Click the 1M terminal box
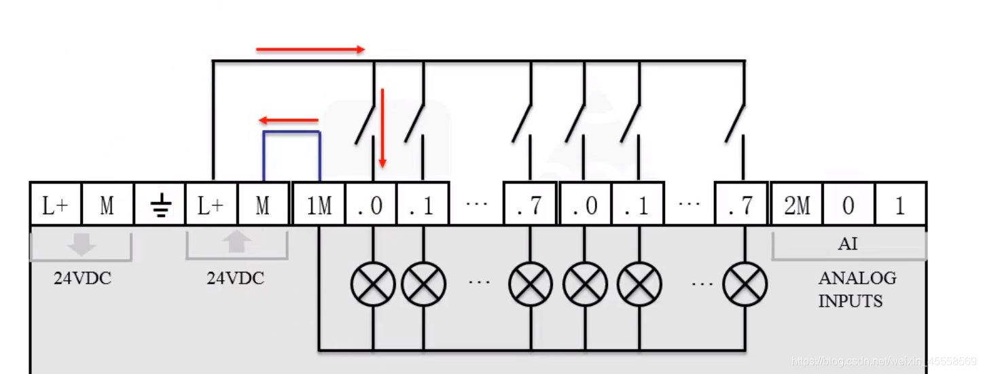coord(319,204)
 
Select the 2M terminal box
coord(796,204)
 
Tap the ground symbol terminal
coord(160,204)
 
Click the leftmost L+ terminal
coord(56,204)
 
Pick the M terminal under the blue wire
coord(263,204)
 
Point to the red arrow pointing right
coord(310,50)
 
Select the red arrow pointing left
coord(289,121)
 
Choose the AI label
coord(848,243)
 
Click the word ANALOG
coord(857,278)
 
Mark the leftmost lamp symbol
coord(373,284)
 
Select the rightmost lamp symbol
coord(745,284)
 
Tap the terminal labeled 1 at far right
coord(900,204)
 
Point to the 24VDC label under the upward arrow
coord(236,278)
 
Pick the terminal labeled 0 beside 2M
coord(848,204)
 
